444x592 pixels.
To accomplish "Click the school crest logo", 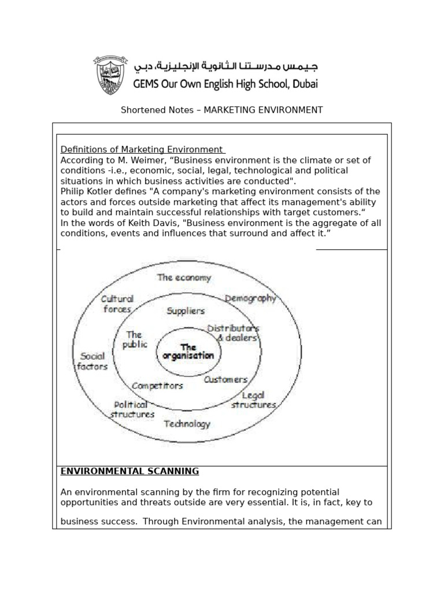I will coord(109,75).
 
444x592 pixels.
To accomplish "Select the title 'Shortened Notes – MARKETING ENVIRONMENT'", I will coord(221,110).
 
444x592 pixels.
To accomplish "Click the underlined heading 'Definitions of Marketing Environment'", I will coord(142,150).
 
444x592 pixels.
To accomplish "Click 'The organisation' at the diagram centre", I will coord(188,351).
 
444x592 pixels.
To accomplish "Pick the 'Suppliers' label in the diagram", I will coord(186,310).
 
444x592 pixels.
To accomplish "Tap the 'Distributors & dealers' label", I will coord(233,333).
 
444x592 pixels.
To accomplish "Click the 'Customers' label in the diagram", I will coord(225,380).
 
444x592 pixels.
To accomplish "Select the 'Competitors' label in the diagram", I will coord(157,385).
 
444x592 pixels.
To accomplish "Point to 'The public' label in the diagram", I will coord(134,339).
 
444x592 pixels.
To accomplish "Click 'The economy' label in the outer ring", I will coord(184,277).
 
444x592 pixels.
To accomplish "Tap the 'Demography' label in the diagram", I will coord(250,298).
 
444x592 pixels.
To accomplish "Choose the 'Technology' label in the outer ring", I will coord(187,424).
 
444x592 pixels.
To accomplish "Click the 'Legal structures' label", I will coord(253,400).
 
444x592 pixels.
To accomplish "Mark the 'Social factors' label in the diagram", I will coord(93,361).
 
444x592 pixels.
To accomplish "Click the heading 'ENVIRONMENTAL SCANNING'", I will coord(129,471).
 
